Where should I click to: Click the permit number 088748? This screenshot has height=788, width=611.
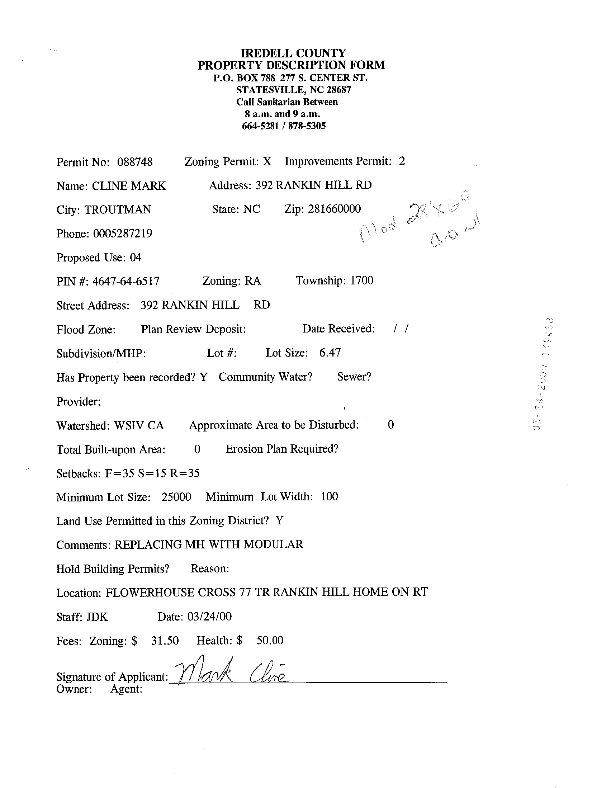click(x=135, y=162)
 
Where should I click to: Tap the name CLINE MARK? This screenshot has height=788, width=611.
click(x=129, y=186)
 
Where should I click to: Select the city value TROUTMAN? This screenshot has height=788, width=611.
click(x=118, y=209)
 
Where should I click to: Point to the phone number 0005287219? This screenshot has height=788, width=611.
click(x=123, y=233)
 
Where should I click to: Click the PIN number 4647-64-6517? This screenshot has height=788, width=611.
click(x=126, y=281)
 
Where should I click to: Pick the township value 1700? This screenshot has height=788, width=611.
click(x=362, y=280)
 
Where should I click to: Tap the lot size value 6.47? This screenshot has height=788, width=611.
click(x=330, y=353)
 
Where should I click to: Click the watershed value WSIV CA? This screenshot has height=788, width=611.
click(x=139, y=425)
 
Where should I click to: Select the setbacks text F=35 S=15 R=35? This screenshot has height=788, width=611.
click(x=152, y=473)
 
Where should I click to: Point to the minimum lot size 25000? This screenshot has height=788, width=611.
click(x=176, y=497)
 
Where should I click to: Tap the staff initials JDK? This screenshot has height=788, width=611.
click(x=97, y=617)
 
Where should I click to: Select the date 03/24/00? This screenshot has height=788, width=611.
click(x=209, y=616)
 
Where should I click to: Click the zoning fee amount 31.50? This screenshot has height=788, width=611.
click(x=165, y=641)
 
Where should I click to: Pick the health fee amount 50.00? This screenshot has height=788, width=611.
click(x=270, y=640)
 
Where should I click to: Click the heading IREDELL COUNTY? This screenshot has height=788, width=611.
click(x=293, y=53)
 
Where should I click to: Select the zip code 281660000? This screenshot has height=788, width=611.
click(x=334, y=209)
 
